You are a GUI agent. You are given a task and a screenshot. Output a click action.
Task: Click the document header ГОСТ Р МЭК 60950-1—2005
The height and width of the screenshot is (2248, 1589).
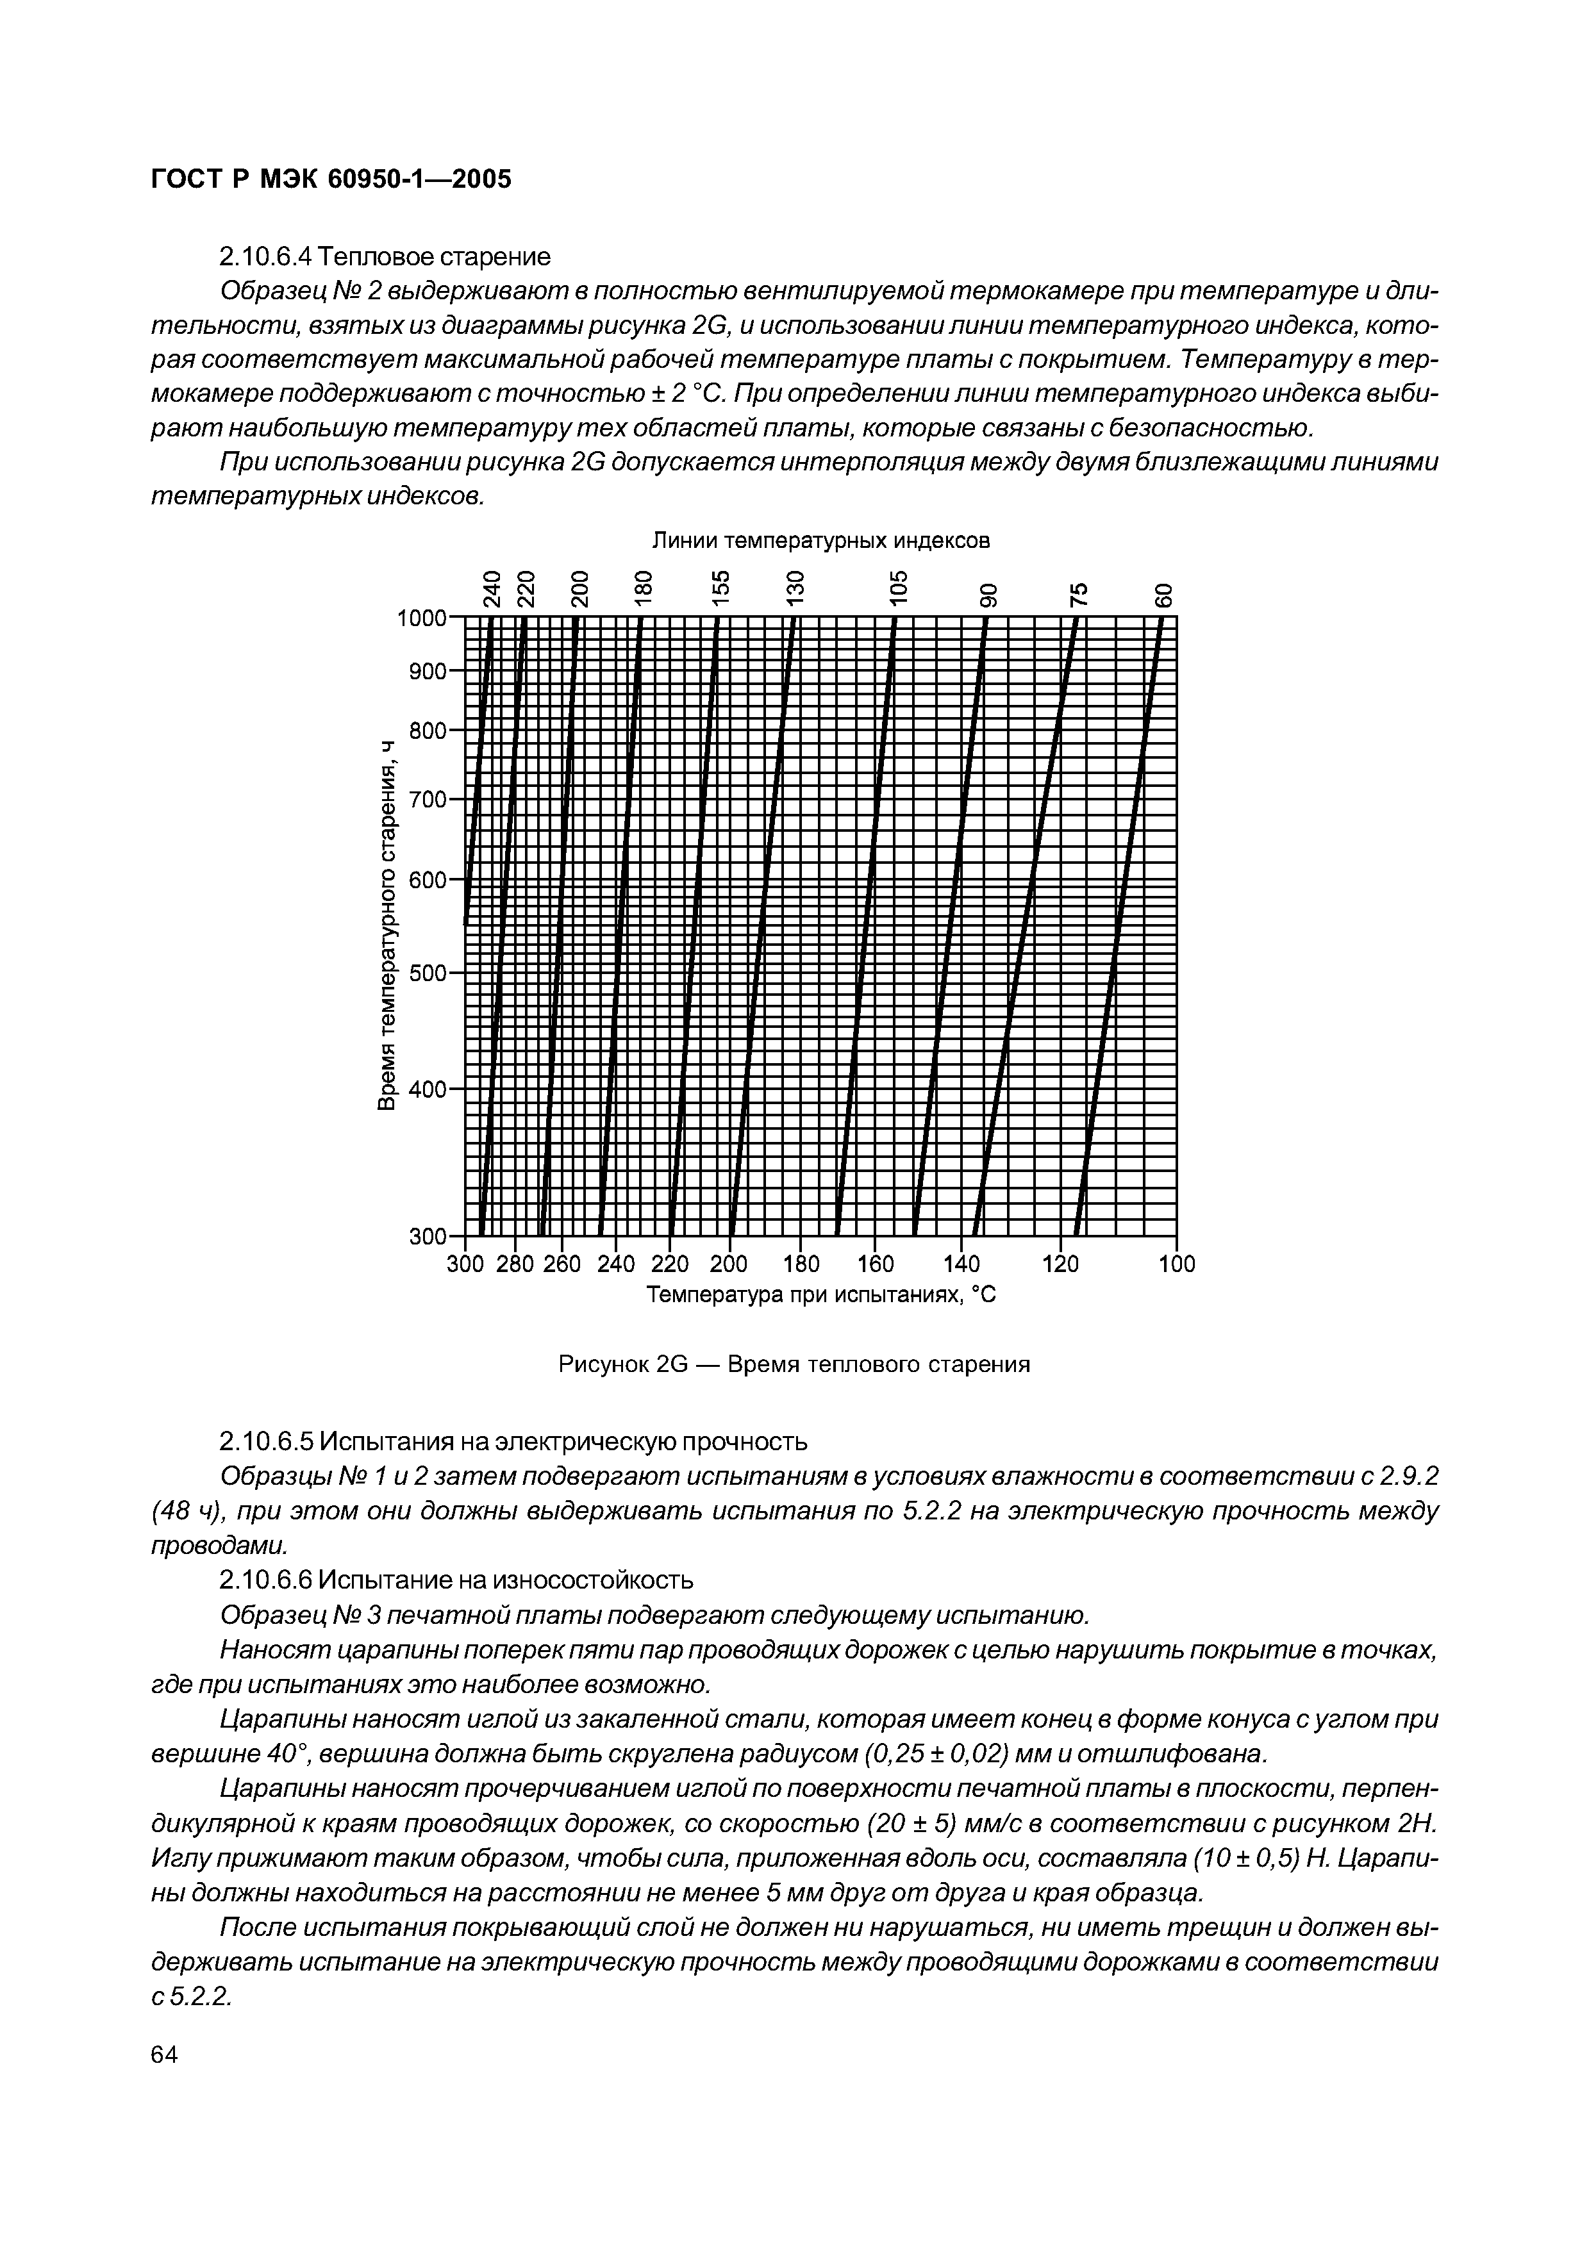pos(331,179)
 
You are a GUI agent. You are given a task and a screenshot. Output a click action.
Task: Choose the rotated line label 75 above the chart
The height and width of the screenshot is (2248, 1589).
pos(1077,593)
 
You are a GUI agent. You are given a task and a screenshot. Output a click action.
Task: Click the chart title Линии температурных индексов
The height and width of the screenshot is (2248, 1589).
pos(820,540)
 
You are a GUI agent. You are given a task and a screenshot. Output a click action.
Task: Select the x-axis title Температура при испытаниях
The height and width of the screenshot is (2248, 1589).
pos(820,1294)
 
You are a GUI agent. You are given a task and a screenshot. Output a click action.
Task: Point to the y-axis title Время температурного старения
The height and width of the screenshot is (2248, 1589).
pos(388,925)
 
